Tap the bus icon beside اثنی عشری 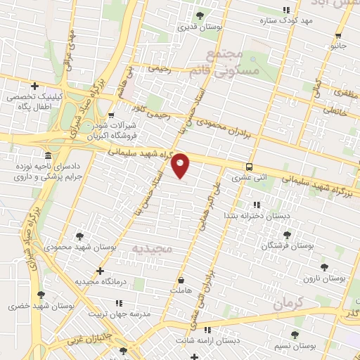click(x=249, y=167)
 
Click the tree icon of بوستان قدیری click(x=200, y=15)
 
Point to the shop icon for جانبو click(x=339, y=36)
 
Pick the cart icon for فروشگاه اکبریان click(x=112, y=115)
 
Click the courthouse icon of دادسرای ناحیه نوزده click(x=47, y=155)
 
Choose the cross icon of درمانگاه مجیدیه click(x=100, y=271)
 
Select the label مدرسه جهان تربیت click(x=120, y=314)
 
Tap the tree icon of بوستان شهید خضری click(x=41, y=295)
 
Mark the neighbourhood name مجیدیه click(x=153, y=250)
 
